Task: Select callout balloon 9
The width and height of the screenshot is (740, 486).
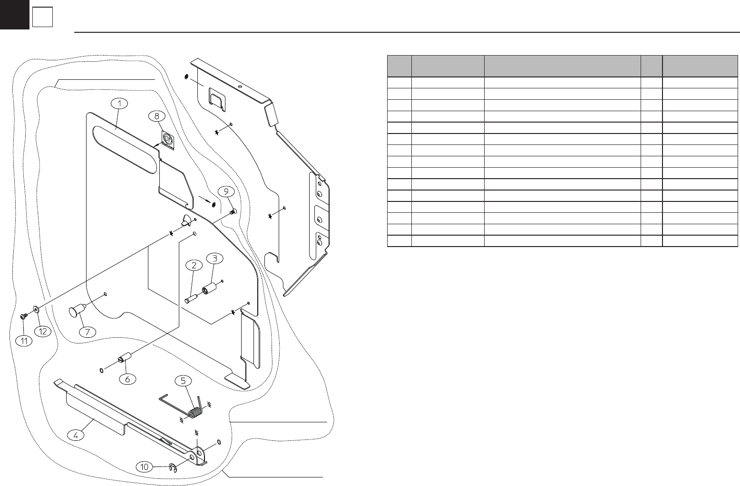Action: pos(226,191)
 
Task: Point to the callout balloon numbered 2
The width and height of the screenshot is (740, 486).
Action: pos(194,266)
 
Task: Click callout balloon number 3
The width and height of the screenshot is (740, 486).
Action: pos(215,258)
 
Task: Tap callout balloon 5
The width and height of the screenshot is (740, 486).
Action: pos(184,380)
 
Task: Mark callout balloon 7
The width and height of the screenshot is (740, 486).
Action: pos(87,332)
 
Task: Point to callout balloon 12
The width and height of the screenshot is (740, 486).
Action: pos(43,332)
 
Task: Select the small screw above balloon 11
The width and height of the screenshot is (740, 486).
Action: pos(24,316)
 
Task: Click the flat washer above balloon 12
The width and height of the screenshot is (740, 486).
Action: pos(36,311)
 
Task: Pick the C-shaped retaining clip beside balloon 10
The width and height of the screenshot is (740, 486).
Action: pos(173,469)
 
